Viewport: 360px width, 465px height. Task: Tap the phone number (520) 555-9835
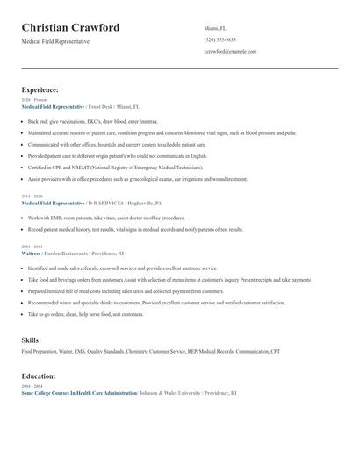(219, 39)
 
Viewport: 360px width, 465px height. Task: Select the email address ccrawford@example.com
(230, 52)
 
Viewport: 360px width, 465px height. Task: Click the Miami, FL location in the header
(215, 28)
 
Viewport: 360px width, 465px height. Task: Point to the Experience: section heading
(40, 89)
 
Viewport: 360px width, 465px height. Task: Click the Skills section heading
(30, 340)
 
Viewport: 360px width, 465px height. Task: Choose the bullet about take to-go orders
(85, 314)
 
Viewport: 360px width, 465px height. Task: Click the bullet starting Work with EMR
(106, 218)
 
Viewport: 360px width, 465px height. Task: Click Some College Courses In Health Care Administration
(78, 394)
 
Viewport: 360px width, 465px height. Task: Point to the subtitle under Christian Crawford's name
(55, 41)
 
